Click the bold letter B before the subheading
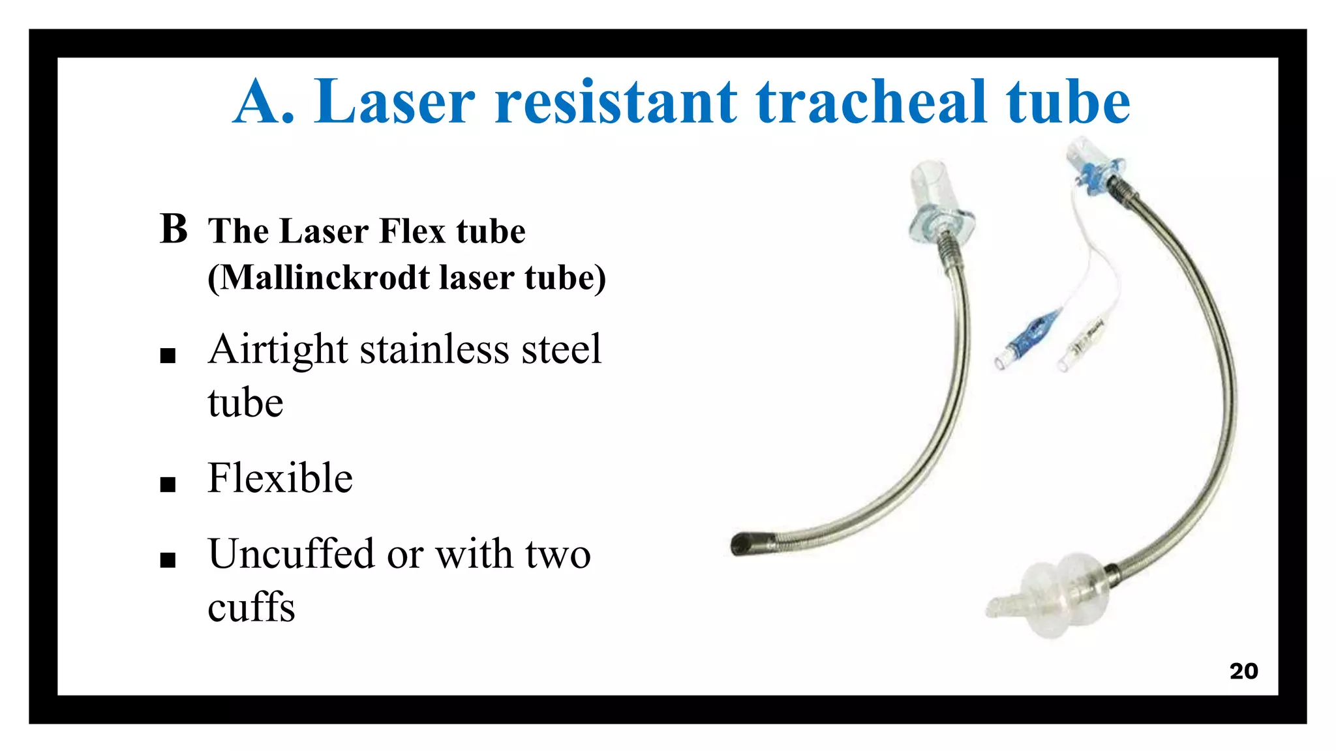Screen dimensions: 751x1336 [174, 229]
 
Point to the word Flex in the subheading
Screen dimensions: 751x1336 [413, 231]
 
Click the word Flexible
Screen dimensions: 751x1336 [280, 478]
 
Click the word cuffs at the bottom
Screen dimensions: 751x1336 [251, 608]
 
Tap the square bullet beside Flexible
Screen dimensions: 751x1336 [168, 484]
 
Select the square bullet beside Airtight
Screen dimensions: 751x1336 [168, 356]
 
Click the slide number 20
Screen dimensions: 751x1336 [1243, 671]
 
